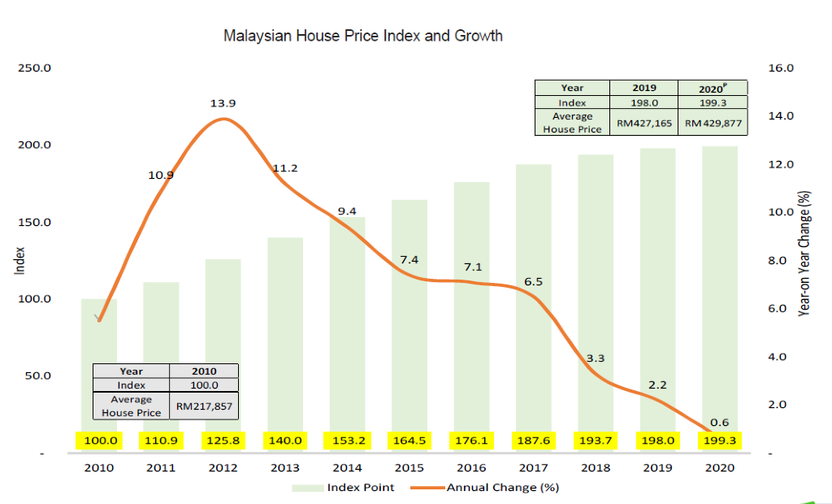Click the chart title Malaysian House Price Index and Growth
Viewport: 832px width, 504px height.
point(363,36)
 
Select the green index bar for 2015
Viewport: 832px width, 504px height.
point(409,326)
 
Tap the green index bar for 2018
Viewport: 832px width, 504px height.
point(596,303)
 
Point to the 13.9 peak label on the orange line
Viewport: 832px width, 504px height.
point(223,103)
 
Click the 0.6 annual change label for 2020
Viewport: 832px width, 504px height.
point(720,422)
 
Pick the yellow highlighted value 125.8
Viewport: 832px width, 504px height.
point(223,441)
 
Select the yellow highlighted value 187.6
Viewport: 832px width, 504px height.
point(533,441)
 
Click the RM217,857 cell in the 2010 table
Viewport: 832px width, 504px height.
point(204,406)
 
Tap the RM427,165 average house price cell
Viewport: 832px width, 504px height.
point(644,123)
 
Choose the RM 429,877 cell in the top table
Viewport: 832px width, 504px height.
point(713,123)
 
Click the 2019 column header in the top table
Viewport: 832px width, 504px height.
point(644,88)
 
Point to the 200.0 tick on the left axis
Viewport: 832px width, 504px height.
point(34,145)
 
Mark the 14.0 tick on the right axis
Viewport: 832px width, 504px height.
point(781,115)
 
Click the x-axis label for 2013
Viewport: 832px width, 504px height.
point(285,468)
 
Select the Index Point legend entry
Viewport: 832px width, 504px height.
point(344,488)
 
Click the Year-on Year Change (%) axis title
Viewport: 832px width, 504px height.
point(804,254)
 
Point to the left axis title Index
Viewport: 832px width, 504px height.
point(19,261)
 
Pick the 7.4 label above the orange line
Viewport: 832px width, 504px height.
point(409,259)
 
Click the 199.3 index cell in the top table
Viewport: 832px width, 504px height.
point(713,102)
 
